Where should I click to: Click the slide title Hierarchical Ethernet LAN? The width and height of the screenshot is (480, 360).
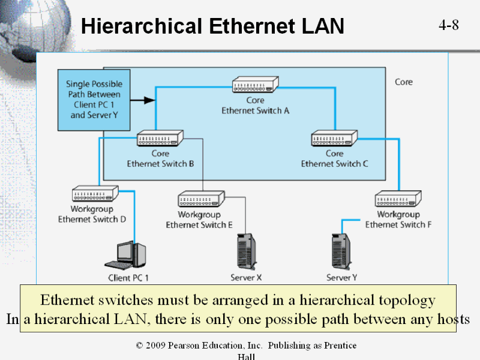coord(212,26)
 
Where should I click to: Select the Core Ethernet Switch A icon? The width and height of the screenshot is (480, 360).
coord(256,85)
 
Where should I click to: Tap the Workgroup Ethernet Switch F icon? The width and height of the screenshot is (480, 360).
coord(398,199)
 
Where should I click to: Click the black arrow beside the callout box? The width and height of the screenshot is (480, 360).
coord(142,100)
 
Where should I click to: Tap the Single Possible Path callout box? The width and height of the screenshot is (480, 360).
coord(94,100)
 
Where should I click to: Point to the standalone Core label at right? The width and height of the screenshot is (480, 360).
coord(404,82)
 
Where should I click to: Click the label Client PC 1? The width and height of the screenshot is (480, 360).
coord(128,278)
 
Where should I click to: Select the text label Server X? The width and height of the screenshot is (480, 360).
coord(246,278)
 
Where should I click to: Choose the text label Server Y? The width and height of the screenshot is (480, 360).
coord(341,278)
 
